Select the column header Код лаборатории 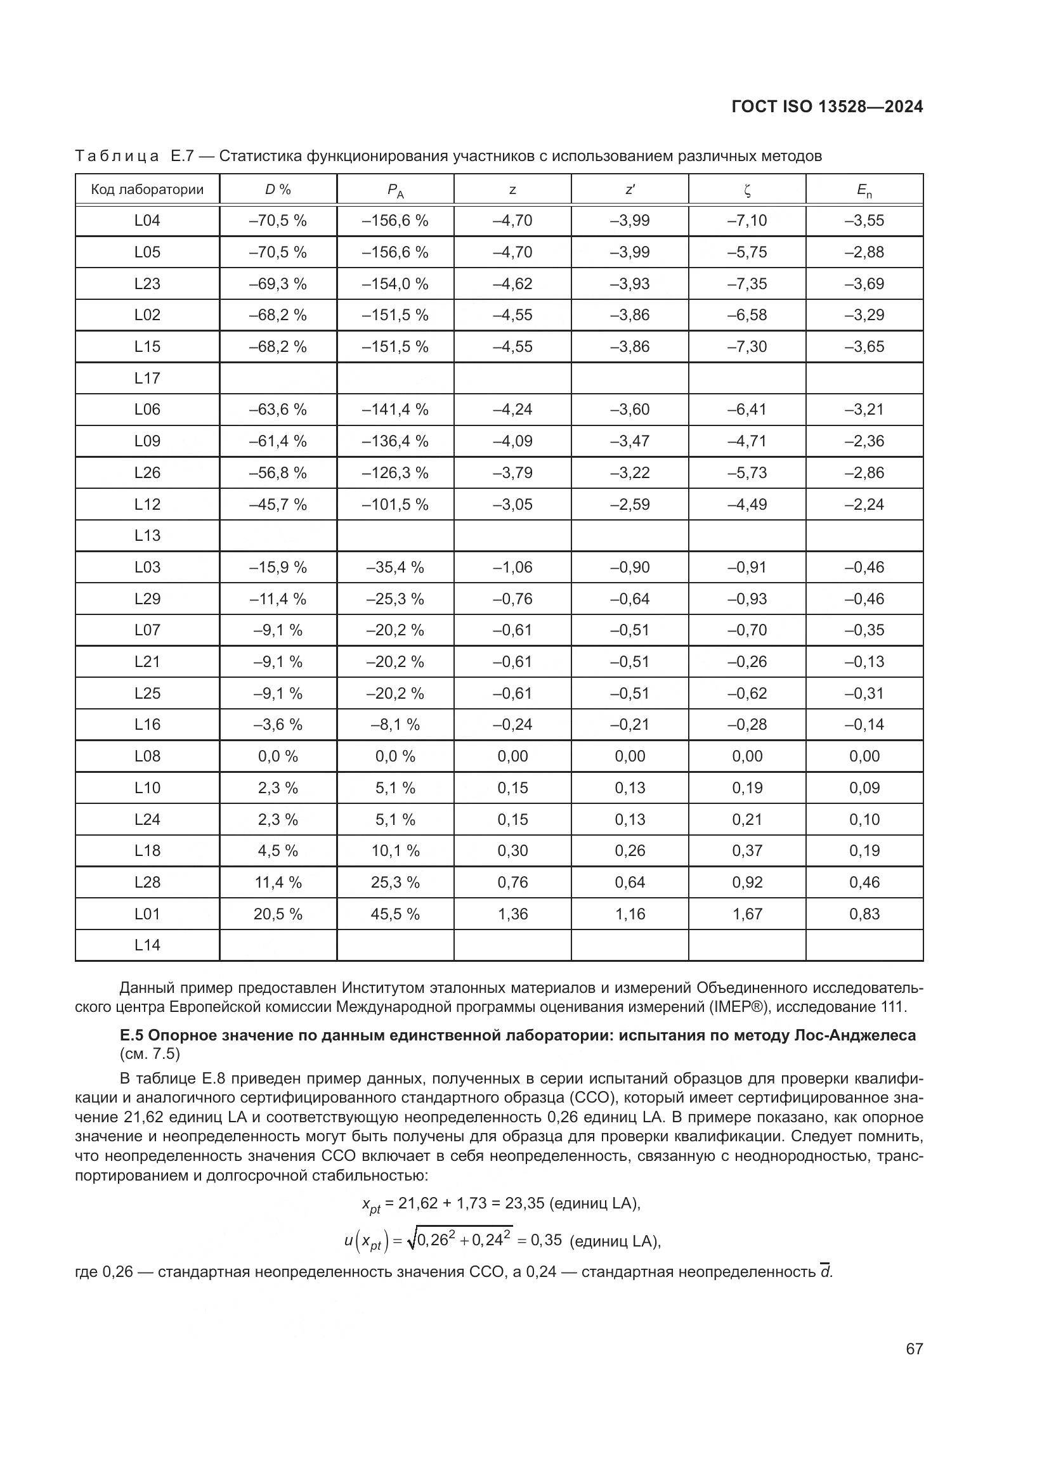tap(147, 189)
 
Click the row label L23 tap(147, 283)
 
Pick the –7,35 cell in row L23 tap(746, 283)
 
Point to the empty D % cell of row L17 tap(278, 378)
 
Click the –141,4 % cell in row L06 tap(394, 410)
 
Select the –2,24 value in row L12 tap(864, 504)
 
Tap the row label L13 tap(147, 536)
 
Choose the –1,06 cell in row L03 tap(512, 567)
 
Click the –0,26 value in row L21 tap(746, 661)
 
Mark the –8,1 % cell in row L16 tap(394, 725)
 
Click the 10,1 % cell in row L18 tap(394, 851)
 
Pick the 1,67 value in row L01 tap(746, 914)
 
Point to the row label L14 tap(147, 945)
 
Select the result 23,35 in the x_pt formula tap(524, 1203)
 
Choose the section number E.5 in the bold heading tap(132, 1035)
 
